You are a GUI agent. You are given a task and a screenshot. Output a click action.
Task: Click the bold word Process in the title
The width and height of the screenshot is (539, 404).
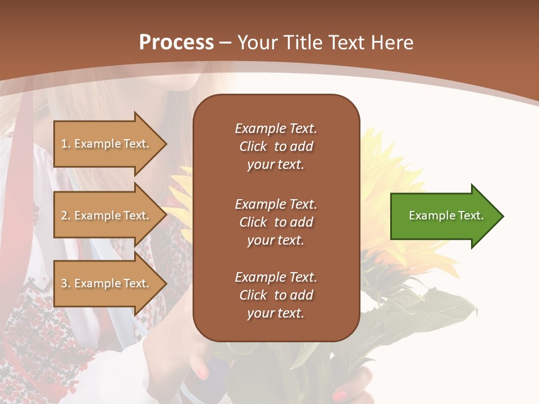[176, 43]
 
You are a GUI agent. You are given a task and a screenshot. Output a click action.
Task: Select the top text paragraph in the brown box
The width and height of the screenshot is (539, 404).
[276, 146]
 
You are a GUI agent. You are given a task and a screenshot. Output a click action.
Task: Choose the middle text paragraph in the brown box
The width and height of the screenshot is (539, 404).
[276, 222]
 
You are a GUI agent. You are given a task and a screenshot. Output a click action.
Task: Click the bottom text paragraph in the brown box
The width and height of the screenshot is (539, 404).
[276, 295]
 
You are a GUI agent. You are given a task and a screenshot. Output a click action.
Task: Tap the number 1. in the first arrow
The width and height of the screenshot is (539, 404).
[66, 144]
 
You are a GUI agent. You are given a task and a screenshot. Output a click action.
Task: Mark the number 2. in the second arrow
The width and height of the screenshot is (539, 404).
[66, 215]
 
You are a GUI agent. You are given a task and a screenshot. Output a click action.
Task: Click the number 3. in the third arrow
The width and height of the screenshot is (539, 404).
[66, 283]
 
